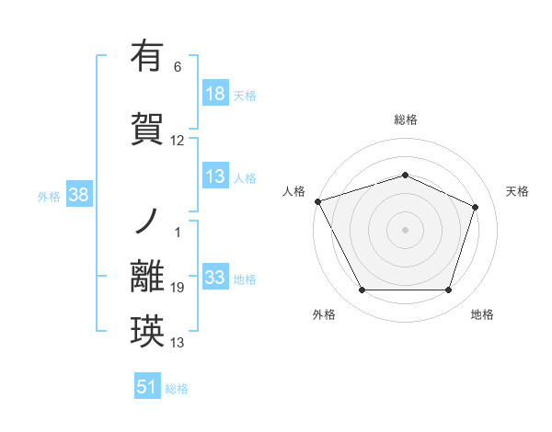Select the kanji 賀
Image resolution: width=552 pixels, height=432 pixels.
147,128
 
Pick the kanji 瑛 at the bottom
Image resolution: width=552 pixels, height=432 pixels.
147,332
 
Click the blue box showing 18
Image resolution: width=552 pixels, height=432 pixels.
214,94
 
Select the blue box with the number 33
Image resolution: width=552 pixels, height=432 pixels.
214,278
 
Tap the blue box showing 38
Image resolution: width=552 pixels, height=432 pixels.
77,195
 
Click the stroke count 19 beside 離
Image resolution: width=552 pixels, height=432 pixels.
178,289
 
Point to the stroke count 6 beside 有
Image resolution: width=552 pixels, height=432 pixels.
178,67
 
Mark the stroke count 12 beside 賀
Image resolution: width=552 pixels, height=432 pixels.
178,141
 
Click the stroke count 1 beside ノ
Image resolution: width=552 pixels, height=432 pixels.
178,232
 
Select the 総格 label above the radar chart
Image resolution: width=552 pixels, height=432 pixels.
406,119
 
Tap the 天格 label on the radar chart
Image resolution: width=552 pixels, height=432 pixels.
517,191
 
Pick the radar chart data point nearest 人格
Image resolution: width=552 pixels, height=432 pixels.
317,201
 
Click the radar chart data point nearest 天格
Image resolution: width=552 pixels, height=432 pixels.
476,207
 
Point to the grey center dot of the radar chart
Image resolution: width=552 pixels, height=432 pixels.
405,230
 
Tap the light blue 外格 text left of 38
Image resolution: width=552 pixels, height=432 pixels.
49,196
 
